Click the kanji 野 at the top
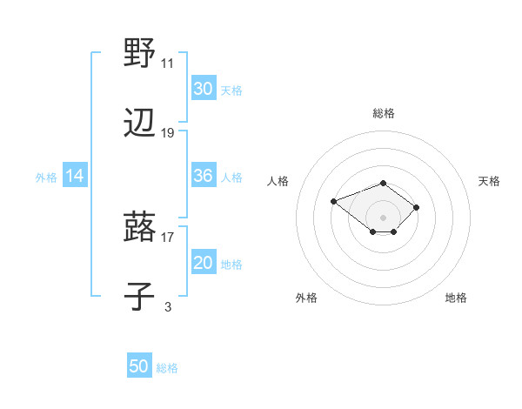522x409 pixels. point(140,53)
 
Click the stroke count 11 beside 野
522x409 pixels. point(167,64)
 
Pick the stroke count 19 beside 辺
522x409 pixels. point(168,133)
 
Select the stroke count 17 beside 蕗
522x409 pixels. point(168,236)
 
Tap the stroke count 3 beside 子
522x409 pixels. point(168,306)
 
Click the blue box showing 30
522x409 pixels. point(203,89)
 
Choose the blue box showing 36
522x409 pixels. point(203,176)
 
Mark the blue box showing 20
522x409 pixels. point(203,264)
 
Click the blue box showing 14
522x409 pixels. point(75,176)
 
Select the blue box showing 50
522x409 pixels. point(139,366)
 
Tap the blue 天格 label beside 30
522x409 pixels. point(231,90)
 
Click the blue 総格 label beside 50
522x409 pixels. point(167,368)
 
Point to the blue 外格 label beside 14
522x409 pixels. point(46,178)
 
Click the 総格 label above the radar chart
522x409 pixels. point(384,113)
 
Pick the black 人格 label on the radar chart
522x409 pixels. point(278,181)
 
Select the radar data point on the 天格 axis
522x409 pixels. point(417,207)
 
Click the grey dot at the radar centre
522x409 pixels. point(384,218)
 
